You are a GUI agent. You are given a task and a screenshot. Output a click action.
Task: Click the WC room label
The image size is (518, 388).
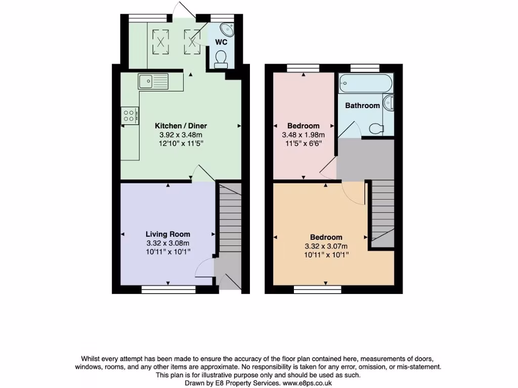click(x=221, y=42)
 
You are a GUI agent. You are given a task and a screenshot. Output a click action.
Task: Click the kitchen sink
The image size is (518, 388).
click(x=153, y=80)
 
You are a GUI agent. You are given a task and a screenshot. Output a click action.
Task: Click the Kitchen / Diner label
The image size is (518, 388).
click(x=181, y=126)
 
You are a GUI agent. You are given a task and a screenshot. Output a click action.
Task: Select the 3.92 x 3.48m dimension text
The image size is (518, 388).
click(x=181, y=135)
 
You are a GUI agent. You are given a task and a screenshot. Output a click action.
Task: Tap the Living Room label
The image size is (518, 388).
click(x=168, y=234)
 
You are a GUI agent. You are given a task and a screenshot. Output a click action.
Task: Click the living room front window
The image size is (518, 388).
click(x=168, y=289)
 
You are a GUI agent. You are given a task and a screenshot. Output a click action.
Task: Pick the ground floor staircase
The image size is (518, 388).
click(x=230, y=217)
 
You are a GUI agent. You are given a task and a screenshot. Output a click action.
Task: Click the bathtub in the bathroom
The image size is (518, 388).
click(x=365, y=82)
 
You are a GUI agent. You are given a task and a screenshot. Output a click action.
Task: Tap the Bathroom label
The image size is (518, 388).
click(x=362, y=106)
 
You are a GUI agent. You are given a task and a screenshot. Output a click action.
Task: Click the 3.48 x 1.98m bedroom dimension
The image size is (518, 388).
click(x=304, y=135)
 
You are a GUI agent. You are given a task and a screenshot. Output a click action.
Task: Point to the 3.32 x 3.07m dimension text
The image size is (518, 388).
click(x=326, y=246)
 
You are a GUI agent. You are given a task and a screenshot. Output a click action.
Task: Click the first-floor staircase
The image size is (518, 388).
click(x=383, y=212)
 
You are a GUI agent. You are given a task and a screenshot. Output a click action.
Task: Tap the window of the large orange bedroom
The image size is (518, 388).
click(x=318, y=289)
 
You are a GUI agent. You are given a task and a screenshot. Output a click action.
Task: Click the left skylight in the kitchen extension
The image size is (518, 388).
click(x=161, y=40)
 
